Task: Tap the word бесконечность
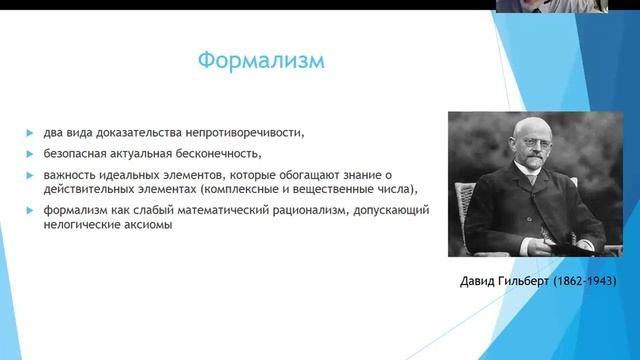pyautogui.click(x=216, y=153)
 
